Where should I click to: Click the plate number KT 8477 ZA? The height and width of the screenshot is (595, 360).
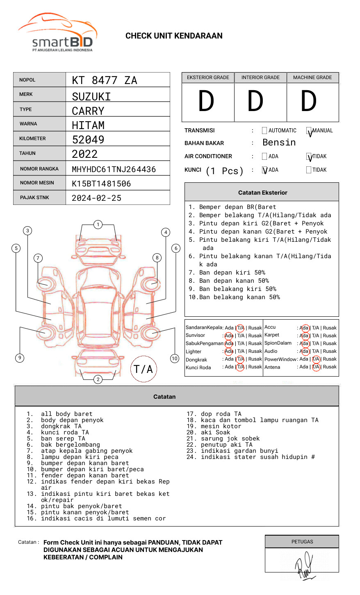point(105,80)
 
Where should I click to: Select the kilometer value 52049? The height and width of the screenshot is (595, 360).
point(88,140)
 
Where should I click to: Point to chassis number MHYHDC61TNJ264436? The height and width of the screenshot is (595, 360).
point(114,169)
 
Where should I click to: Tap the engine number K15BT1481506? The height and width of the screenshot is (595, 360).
point(101,184)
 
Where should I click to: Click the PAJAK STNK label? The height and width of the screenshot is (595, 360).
point(34,198)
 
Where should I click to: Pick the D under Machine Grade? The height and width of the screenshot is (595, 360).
point(309,102)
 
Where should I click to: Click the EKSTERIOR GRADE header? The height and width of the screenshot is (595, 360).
point(208,77)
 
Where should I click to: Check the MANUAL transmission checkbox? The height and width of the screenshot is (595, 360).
point(309,131)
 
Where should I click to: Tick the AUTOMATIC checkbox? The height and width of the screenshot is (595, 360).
point(264,131)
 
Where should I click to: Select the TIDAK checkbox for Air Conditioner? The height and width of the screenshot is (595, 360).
point(309,157)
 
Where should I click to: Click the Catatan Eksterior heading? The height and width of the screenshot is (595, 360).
point(262,193)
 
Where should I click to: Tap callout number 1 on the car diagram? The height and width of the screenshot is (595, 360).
point(98,225)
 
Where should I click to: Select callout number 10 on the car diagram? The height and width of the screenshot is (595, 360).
point(175,359)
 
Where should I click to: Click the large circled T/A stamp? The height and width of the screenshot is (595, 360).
point(144,369)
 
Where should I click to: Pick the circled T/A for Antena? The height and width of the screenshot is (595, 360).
point(316,367)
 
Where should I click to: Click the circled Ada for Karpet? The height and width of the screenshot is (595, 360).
point(304,336)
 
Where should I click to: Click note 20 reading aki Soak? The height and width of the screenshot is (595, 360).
point(215,432)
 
